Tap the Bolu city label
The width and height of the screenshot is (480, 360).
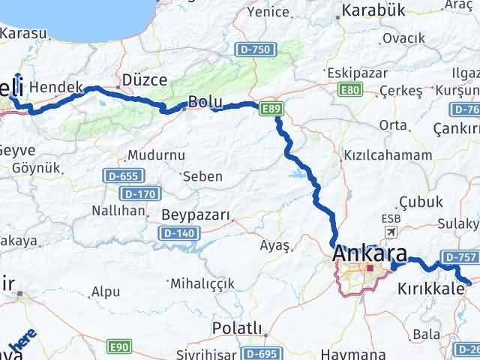[205, 100]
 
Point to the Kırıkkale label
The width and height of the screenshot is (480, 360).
[431, 289]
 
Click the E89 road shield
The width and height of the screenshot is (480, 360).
[272, 109]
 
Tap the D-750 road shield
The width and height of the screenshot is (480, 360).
[255, 49]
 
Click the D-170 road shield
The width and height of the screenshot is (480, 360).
[139, 193]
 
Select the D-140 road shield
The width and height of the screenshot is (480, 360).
[179, 234]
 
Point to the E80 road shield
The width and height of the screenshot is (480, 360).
[349, 90]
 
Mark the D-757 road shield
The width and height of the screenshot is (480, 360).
[459, 257]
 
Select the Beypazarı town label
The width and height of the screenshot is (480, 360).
[196, 215]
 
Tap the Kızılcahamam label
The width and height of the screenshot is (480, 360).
[387, 155]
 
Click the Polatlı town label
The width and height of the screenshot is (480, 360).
[237, 328]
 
